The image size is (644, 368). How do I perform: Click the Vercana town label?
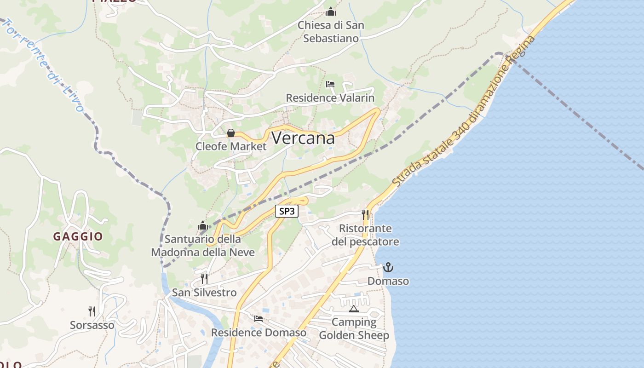pyautogui.click(x=303, y=138)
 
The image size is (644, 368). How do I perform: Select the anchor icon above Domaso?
pyautogui.click(x=388, y=267)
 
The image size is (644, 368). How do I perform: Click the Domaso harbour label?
pyautogui.click(x=388, y=281)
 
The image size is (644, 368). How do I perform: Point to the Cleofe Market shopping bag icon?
pyautogui.click(x=231, y=133)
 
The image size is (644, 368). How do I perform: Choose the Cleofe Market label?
pyautogui.click(x=231, y=146)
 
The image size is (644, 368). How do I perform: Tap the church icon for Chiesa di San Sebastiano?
pyautogui.click(x=331, y=11)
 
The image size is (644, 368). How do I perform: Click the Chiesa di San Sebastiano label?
pyautogui.click(x=331, y=32)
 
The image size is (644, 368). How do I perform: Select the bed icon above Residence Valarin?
pyautogui.click(x=330, y=84)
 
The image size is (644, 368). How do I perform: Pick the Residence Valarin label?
pyautogui.click(x=330, y=98)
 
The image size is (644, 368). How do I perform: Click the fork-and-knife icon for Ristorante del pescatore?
pyautogui.click(x=365, y=214)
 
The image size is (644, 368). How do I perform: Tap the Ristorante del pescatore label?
pyautogui.click(x=365, y=235)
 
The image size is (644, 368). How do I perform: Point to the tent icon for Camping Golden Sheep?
pyautogui.click(x=353, y=309)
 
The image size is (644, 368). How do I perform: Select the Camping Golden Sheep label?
pyautogui.click(x=354, y=329)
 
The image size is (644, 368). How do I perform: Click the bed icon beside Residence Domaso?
pyautogui.click(x=259, y=318)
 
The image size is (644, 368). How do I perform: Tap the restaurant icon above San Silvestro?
pyautogui.click(x=204, y=279)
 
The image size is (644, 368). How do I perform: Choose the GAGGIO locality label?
pyautogui.click(x=78, y=236)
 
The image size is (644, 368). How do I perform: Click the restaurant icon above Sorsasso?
pyautogui.click(x=92, y=311)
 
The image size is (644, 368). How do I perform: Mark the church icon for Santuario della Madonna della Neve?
pyautogui.click(x=203, y=225)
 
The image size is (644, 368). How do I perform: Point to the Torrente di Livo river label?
pyautogui.click(x=44, y=64)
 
